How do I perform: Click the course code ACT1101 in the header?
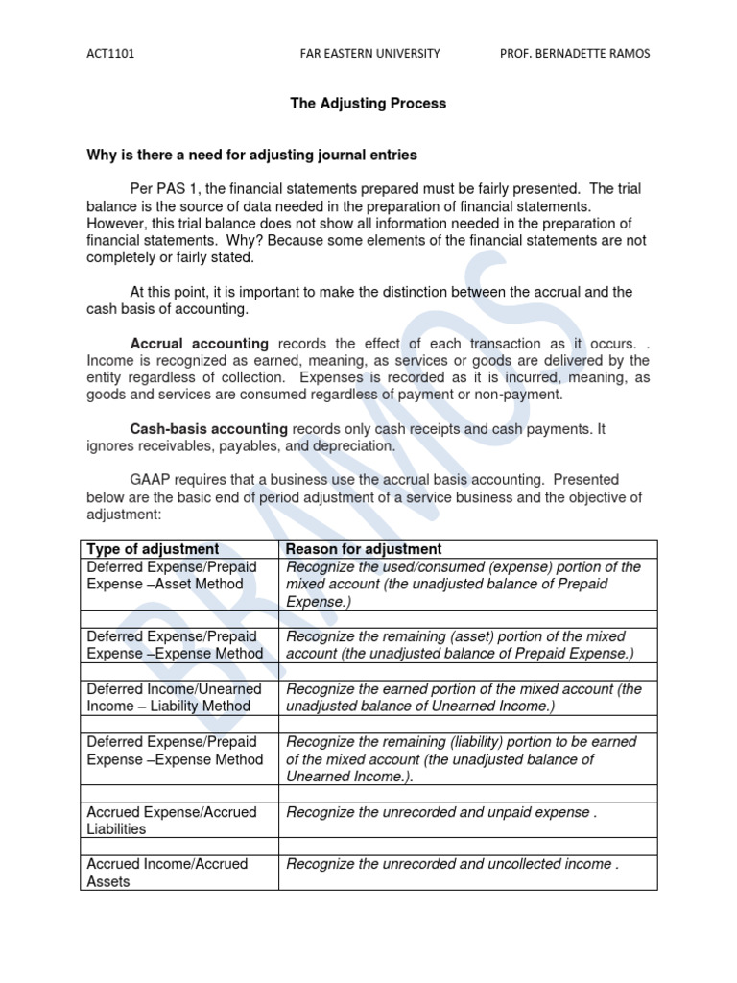click(110, 54)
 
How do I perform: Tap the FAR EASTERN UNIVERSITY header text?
click(369, 54)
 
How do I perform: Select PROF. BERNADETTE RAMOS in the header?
click(575, 54)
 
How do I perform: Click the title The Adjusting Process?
click(368, 104)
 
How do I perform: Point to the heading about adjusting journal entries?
click(251, 155)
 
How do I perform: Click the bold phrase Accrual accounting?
click(200, 344)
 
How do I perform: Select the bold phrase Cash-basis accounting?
click(209, 429)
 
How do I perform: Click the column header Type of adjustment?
click(153, 549)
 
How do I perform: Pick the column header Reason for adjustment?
click(364, 549)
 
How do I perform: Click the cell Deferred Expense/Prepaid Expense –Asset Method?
click(172, 575)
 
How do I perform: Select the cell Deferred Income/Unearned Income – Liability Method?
click(174, 697)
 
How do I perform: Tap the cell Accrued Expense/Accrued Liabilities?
click(172, 820)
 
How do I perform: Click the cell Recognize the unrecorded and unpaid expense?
click(440, 812)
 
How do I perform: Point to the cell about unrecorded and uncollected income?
click(452, 864)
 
